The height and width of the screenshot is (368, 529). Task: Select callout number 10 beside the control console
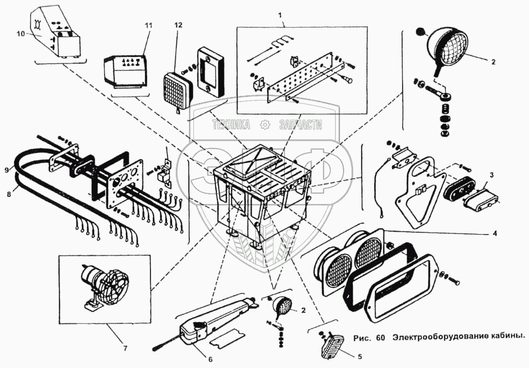[x=21, y=35]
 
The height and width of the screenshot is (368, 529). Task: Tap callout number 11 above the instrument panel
[x=148, y=26]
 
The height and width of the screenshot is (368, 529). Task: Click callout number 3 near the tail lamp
[x=491, y=175]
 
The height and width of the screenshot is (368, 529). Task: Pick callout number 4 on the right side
[x=494, y=233]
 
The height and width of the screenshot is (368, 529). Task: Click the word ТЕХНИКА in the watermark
[x=231, y=125]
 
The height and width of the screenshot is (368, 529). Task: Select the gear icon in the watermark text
[x=265, y=125]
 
